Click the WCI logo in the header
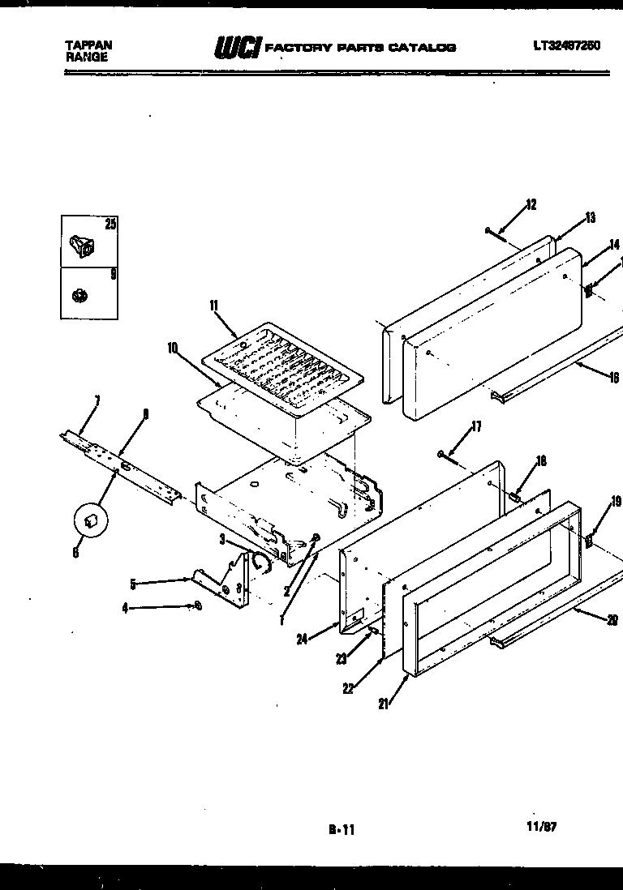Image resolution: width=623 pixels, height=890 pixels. [x=237, y=48]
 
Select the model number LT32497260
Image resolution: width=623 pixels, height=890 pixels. [x=566, y=45]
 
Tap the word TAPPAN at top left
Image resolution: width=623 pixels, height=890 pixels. [x=88, y=45]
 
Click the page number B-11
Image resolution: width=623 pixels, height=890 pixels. [x=342, y=829]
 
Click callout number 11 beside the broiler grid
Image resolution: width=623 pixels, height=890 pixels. [x=214, y=306]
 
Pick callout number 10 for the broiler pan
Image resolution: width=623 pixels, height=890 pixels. [x=173, y=347]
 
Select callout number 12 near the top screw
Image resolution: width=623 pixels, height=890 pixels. [x=531, y=204]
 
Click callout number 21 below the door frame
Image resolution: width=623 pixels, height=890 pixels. [x=383, y=704]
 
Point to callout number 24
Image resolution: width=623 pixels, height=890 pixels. [x=302, y=640]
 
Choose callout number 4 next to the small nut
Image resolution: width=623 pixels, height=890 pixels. [x=125, y=607]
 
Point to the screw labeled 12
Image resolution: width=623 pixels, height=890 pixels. [x=496, y=233]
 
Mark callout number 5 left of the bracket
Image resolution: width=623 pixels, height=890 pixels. [x=131, y=582]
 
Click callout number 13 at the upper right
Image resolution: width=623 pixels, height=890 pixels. [x=590, y=217]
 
